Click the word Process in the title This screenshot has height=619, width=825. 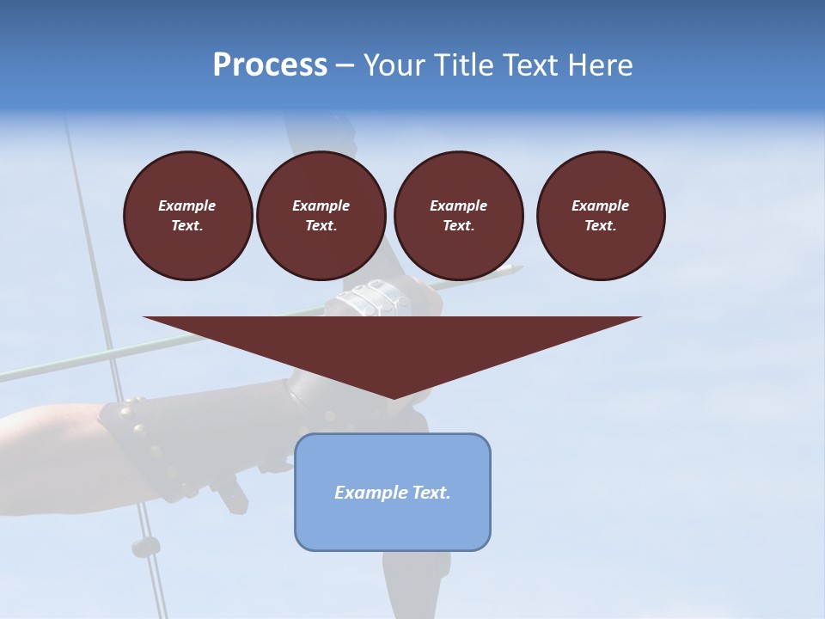(270, 65)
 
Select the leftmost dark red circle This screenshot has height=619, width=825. (188, 216)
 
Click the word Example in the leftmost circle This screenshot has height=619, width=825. (187, 205)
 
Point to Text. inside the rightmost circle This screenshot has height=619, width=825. (601, 226)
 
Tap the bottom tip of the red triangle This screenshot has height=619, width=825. (394, 397)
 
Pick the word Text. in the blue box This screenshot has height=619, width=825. (433, 493)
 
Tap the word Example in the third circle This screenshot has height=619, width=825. (458, 205)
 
